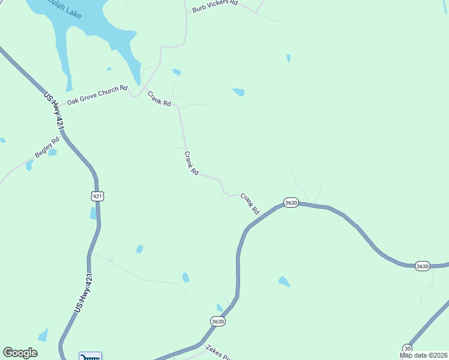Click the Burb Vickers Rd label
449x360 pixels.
coord(215,7)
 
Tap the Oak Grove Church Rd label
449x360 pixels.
coord(97,95)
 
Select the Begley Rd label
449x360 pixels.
coord(47,148)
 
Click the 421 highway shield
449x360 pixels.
coord(98,196)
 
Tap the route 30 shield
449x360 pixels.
coord(408,348)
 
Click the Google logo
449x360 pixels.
coord(20,353)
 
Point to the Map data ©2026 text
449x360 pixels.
coord(424,355)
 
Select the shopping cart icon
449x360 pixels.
coord(90,356)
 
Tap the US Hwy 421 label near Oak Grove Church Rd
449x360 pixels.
coord(53,109)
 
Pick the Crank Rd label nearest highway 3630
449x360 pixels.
coord(250,204)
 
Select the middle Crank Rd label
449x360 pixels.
coord(191,163)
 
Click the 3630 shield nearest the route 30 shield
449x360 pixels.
coord(423,266)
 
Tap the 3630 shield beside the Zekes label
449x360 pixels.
coord(218,322)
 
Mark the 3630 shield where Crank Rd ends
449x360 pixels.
coord(291,203)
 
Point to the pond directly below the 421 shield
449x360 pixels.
coord(93,213)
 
